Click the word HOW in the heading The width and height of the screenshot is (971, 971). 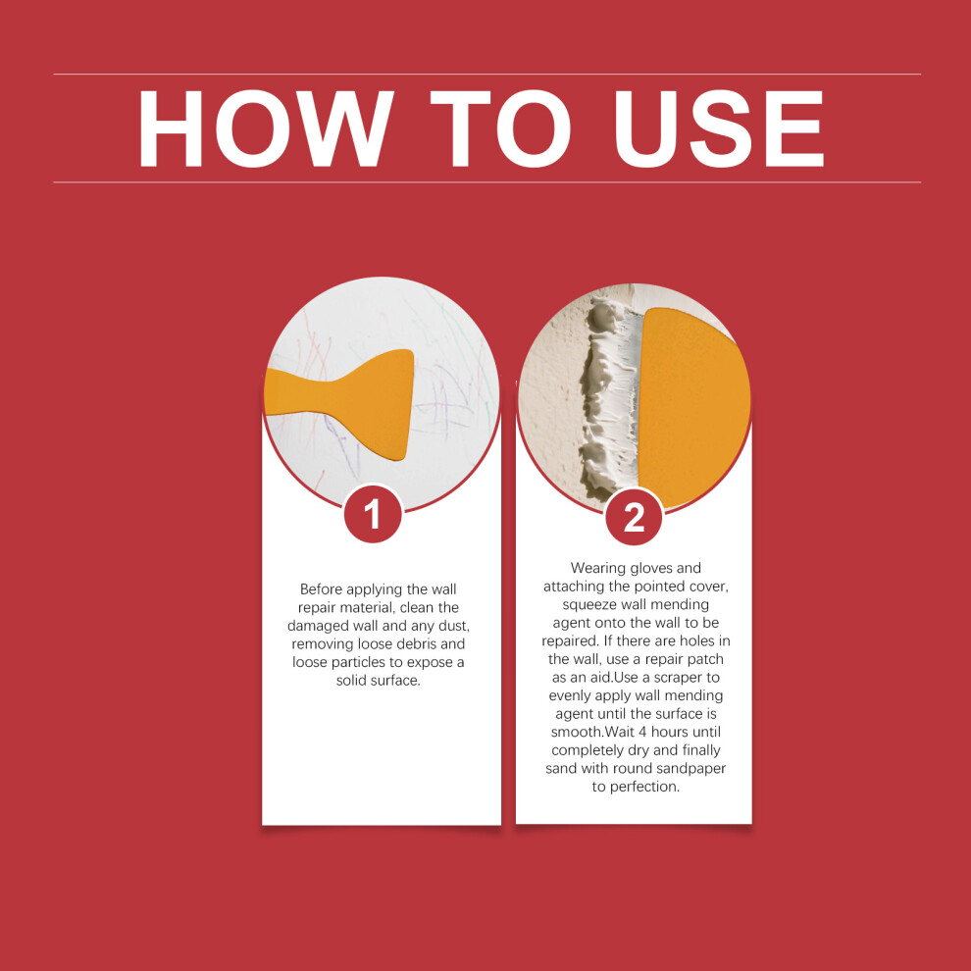click(x=265, y=128)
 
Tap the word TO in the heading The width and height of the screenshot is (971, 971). click(x=500, y=128)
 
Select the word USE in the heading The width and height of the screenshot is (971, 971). click(x=718, y=128)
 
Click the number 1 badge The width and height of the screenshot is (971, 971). click(x=373, y=514)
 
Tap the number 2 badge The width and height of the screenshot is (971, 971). click(x=634, y=517)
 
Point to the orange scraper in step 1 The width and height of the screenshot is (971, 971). click(x=347, y=402)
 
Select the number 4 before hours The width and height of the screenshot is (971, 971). click(x=642, y=732)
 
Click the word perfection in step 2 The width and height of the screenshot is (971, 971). click(x=644, y=788)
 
